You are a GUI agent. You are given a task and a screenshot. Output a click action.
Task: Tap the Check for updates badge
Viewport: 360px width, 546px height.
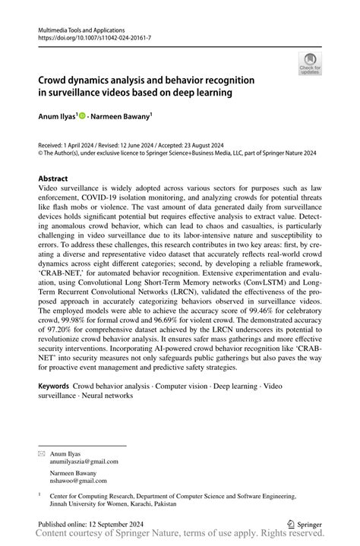(309, 63)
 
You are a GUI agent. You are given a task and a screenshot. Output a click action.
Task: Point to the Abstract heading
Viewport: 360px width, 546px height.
(58, 178)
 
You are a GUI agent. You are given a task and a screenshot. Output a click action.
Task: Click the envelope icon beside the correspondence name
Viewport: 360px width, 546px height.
(42, 453)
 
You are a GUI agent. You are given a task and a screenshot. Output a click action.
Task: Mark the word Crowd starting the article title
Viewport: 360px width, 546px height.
(56, 80)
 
